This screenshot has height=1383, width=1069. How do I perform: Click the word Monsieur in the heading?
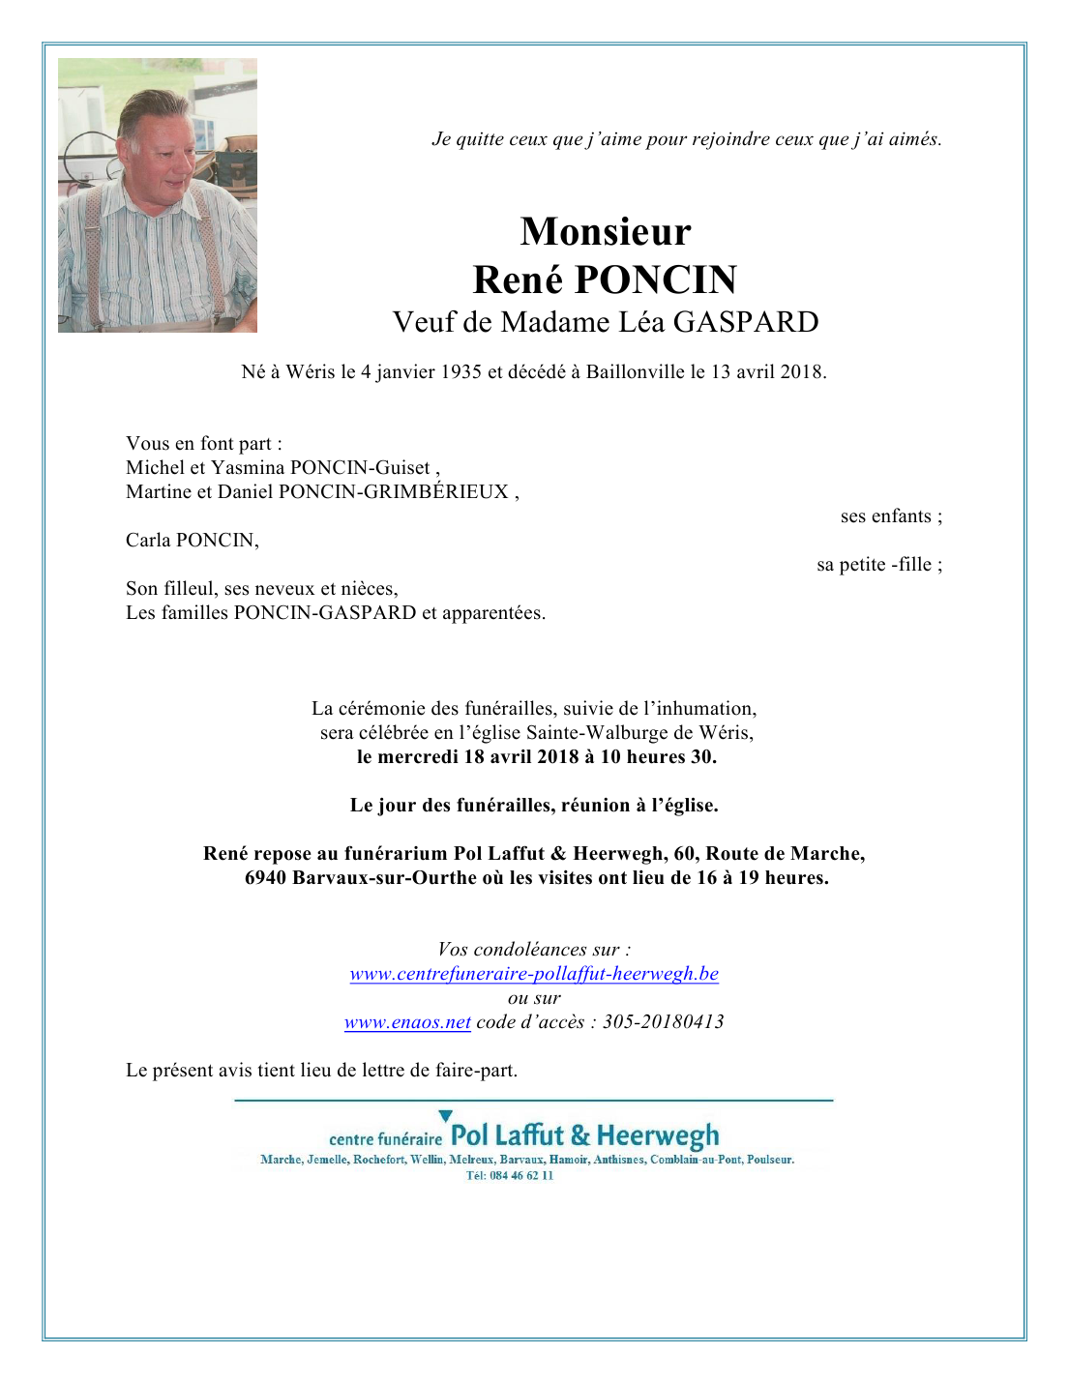[606, 232]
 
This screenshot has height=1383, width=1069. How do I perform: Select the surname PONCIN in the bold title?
[656, 280]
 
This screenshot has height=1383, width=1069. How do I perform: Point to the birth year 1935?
[460, 371]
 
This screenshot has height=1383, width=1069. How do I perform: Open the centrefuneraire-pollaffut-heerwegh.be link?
[534, 974]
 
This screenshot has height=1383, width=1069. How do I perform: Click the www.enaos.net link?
[407, 1022]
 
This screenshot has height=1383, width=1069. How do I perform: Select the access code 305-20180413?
[663, 1022]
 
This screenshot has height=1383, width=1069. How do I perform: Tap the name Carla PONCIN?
[192, 541]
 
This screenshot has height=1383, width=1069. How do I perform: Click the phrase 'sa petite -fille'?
[875, 565]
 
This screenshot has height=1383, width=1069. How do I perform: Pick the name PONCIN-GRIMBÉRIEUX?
[394, 492]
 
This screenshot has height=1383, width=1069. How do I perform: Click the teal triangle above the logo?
[445, 1116]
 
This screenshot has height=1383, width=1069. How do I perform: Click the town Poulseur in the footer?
[770, 1160]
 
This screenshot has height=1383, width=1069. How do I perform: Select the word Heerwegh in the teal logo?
[658, 1135]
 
